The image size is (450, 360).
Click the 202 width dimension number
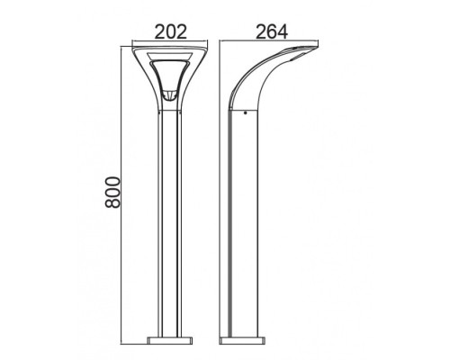170,30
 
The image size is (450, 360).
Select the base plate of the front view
170,342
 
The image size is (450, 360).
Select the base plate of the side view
244,342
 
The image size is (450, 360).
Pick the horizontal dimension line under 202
170,41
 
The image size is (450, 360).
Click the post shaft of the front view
170,225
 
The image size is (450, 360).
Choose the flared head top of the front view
170,49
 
